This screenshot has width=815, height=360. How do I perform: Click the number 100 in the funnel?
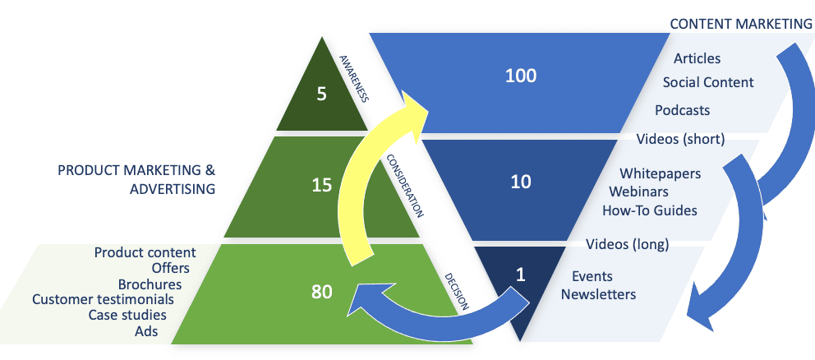521,76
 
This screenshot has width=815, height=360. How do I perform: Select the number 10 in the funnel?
521,182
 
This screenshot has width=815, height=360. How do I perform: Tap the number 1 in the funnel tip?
519,276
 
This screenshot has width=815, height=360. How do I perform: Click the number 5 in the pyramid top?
321,94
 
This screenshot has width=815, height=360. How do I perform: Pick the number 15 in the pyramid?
321,185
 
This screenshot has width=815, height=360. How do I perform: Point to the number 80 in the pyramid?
321,291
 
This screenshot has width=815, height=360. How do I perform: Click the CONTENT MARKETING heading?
740,24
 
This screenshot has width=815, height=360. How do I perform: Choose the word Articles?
697,58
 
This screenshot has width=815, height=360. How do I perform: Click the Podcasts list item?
682,110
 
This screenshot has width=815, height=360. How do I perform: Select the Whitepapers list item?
660,173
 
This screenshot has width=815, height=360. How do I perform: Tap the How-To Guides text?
649,210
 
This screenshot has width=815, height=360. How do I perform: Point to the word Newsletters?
598,293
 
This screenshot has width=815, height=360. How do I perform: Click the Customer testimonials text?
103,299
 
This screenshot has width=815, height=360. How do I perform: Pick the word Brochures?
155,284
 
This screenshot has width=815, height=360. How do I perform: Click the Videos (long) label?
628,244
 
